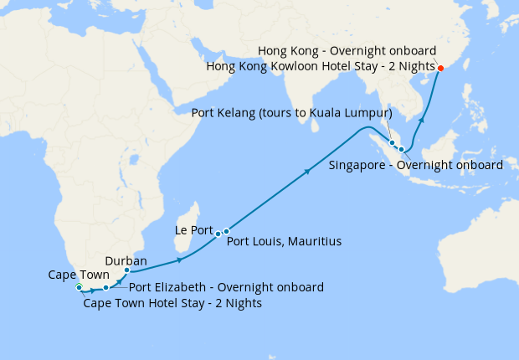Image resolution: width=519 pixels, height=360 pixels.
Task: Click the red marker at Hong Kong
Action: tap(441, 68)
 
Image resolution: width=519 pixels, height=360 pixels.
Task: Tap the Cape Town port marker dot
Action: tap(79, 288)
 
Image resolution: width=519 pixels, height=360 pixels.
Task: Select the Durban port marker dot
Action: tap(126, 270)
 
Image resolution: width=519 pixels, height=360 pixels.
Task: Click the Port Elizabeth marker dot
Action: tap(106, 288)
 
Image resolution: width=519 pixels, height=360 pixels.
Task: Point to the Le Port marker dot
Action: tap(218, 233)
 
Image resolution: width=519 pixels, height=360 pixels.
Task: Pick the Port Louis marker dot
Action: tap(226, 231)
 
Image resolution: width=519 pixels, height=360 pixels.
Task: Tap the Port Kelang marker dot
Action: tap(392, 142)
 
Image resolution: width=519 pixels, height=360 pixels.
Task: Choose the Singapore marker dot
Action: tap(402, 150)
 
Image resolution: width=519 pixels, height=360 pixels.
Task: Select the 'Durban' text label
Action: tap(126, 260)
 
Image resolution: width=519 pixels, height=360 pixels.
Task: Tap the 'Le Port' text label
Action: tap(193, 228)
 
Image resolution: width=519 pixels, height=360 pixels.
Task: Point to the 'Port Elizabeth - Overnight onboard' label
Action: tap(226, 287)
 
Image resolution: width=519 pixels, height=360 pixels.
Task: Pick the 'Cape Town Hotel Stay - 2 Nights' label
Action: tap(172, 303)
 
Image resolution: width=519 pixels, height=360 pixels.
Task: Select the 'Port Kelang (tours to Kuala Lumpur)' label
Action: tap(293, 113)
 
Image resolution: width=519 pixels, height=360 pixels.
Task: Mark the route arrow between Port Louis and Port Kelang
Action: tap(308, 172)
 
